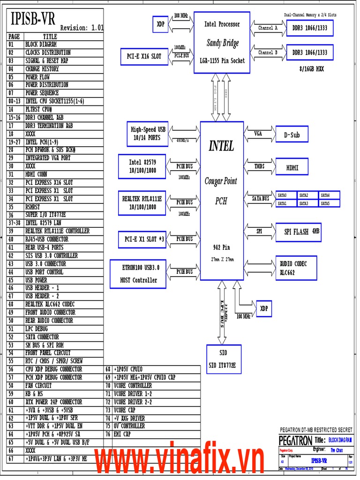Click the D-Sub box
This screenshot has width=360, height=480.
(292, 135)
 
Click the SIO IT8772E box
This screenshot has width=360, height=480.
(224, 359)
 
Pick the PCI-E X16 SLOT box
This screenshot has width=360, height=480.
(144, 56)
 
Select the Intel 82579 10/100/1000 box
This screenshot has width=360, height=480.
(142, 166)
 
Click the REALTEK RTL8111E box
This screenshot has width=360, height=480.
(142, 202)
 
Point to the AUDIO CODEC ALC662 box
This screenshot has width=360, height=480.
(296, 268)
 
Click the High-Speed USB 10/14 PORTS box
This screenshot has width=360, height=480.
(148, 134)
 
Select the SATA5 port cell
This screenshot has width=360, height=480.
(329, 203)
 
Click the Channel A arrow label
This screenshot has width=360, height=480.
(268, 28)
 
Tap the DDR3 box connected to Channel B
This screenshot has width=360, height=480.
(310, 53)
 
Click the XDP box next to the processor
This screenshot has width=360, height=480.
(160, 23)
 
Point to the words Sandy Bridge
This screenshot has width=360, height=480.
(223, 43)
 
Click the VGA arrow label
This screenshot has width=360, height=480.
(258, 134)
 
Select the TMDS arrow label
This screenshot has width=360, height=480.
(259, 166)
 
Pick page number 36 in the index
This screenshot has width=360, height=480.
(11, 215)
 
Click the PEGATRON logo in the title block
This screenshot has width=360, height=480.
(295, 441)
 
